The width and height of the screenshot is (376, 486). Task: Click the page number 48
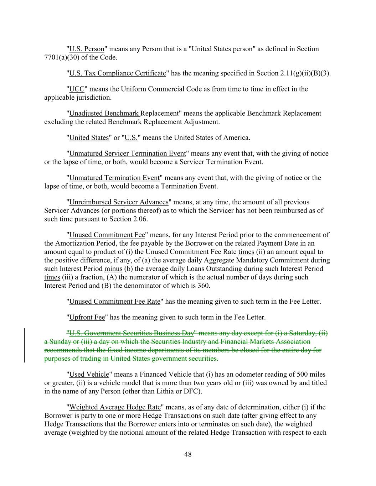click(188, 454)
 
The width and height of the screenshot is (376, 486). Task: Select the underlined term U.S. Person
click(87, 49)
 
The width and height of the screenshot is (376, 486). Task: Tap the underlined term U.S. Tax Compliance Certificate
click(118, 73)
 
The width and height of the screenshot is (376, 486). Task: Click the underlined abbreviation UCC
click(77, 89)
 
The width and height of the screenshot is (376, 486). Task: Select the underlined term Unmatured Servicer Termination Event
click(128, 153)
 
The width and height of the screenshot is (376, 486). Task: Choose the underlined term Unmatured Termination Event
click(114, 178)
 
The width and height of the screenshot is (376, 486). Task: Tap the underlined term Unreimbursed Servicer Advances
click(119, 202)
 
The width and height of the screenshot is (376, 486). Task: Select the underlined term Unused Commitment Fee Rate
click(115, 302)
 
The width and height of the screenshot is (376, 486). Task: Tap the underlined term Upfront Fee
click(87, 317)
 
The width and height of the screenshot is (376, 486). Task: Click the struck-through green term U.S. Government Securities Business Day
click(131, 333)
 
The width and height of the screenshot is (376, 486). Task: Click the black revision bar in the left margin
click(24, 345)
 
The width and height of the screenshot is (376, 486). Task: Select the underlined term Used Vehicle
click(89, 374)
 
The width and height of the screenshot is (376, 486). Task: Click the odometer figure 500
click(301, 374)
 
